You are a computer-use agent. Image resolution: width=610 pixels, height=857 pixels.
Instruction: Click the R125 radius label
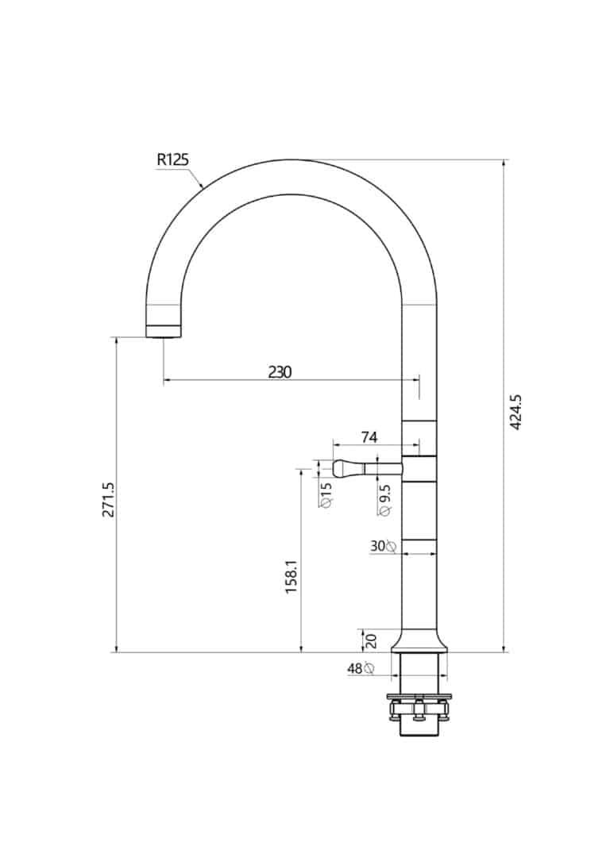[172, 159]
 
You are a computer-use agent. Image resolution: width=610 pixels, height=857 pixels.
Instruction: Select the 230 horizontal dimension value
[280, 371]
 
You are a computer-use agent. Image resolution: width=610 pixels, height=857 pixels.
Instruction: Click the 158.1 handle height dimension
[291, 576]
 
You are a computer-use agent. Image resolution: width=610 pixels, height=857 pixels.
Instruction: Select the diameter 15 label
[326, 494]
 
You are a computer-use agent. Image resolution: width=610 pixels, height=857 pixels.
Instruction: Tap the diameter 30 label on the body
[383, 546]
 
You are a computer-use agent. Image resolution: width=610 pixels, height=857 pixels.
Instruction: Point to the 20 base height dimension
[370, 640]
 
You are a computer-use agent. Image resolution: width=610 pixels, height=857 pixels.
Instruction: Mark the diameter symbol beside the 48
[369, 669]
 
